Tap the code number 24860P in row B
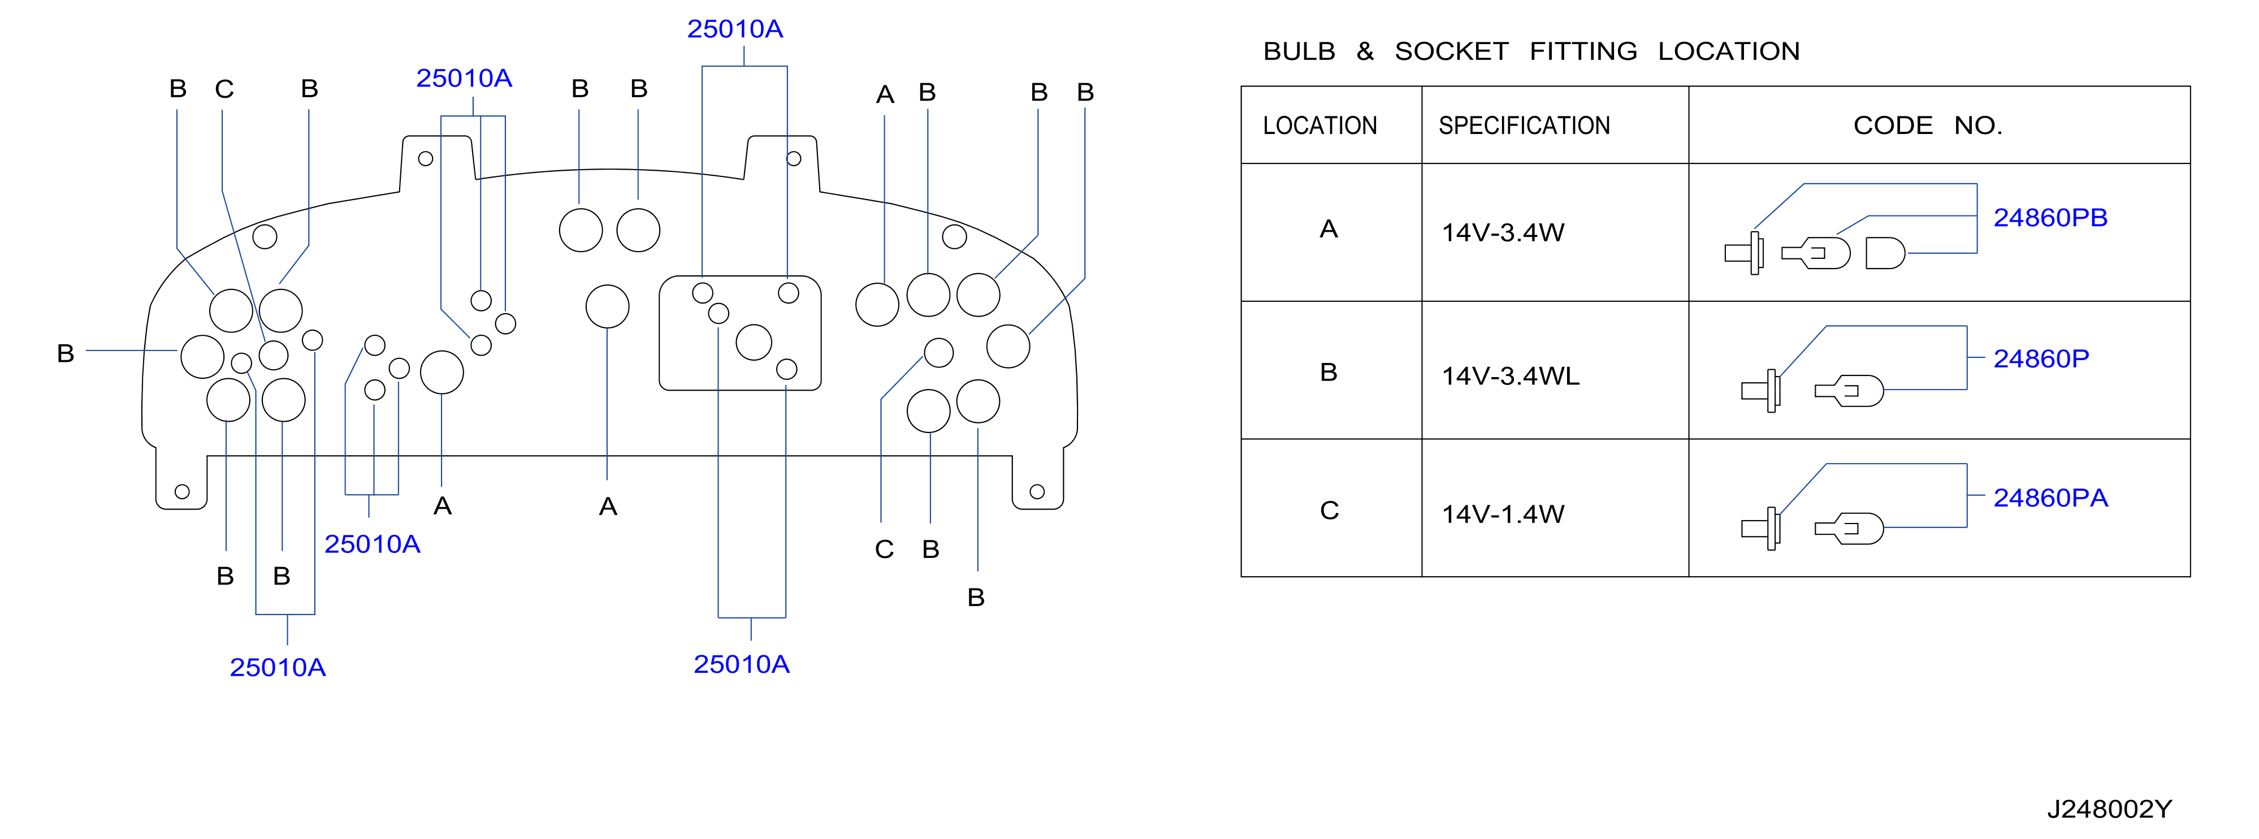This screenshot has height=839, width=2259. [x=2041, y=358]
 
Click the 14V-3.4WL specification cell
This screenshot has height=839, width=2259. [x=1510, y=376]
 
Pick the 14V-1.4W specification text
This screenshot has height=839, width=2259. [x=1503, y=514]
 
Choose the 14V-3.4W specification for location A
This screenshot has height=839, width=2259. [x=1503, y=232]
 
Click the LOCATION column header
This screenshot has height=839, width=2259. [x=1320, y=126]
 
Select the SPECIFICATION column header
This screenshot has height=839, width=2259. [x=1524, y=126]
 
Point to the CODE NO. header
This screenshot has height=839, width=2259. [x=1928, y=126]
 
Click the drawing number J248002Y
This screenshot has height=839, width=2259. [x=2109, y=808]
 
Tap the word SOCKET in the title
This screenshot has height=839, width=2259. [x=1451, y=51]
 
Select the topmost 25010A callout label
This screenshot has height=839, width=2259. [x=735, y=29]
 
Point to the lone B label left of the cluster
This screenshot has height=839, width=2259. [x=65, y=353]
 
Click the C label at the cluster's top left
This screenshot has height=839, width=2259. [x=224, y=89]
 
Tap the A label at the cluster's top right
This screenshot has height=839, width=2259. [x=885, y=94]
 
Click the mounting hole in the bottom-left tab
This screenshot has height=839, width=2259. [x=183, y=492]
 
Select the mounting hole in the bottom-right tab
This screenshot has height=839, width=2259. [x=1037, y=492]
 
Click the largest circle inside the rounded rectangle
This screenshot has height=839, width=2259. [x=754, y=342]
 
